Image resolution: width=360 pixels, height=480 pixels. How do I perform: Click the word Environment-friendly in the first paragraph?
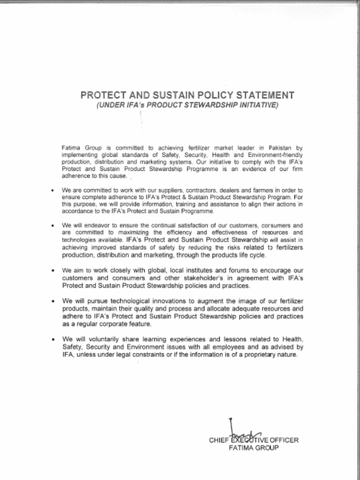coord(274,155)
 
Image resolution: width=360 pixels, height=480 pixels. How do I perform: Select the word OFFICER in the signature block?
coord(284,440)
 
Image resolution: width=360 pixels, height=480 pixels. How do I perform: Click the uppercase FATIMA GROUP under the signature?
coord(254,448)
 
